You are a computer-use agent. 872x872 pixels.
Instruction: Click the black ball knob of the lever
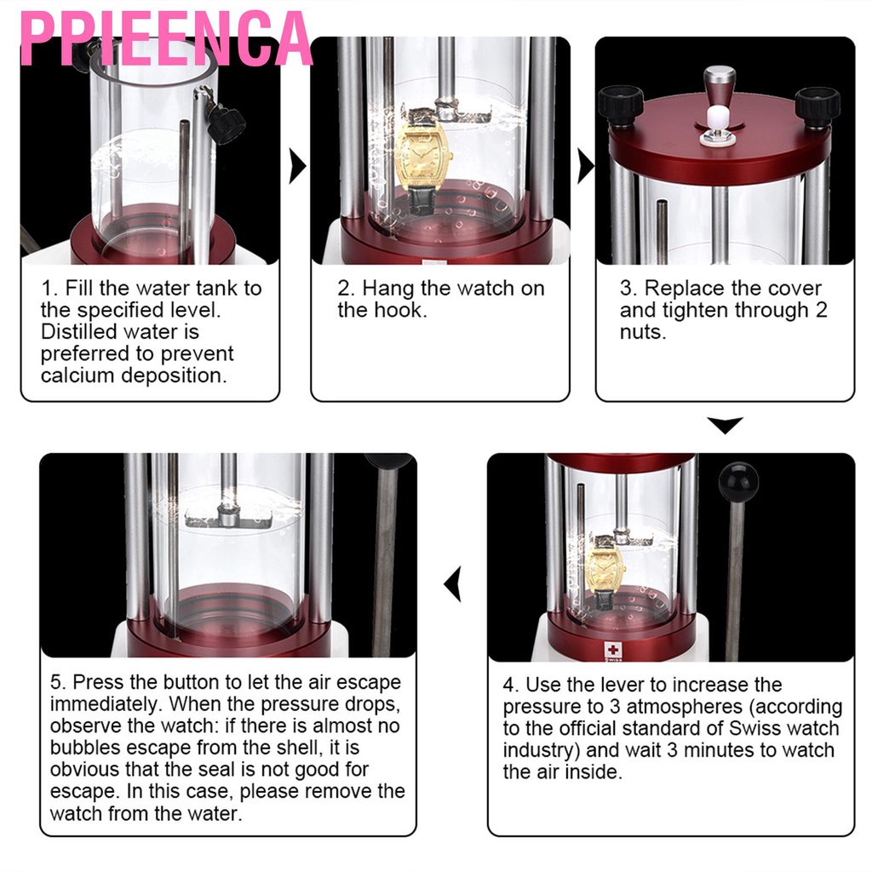click(x=738, y=482)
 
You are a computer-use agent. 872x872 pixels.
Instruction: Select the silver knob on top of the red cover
click(x=719, y=89)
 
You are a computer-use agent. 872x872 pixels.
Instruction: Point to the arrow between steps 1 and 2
click(x=297, y=166)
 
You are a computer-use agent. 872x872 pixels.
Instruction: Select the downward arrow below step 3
click(x=726, y=424)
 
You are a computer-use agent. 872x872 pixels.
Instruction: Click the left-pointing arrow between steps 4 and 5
click(x=453, y=584)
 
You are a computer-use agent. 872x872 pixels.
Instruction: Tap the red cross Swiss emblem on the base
click(x=613, y=650)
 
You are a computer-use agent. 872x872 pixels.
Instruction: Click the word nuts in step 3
click(x=643, y=332)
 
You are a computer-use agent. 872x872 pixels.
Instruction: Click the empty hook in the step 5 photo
click(x=228, y=513)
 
